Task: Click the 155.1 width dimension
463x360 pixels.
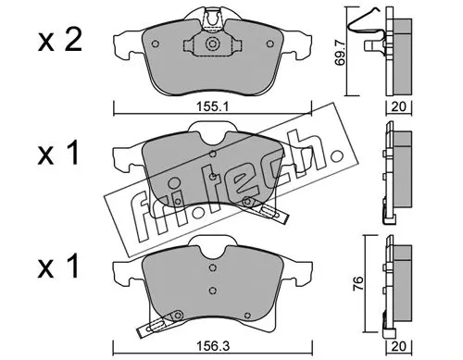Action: [212, 107]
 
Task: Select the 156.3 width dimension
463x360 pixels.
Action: [213, 347]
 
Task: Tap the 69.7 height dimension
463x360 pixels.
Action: [341, 55]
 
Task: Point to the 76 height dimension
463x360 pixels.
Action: [357, 284]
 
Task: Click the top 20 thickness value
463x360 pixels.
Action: [399, 106]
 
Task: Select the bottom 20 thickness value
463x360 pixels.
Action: [399, 346]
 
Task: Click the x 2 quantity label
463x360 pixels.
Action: [60, 41]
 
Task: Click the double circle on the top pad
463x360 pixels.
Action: [212, 43]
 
